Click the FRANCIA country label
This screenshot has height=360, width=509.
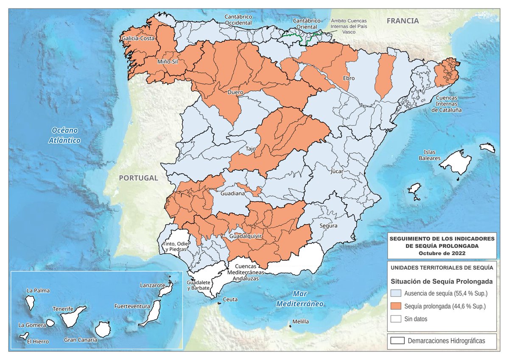[403, 21]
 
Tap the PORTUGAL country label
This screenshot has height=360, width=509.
[138, 178]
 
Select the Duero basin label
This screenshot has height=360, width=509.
[235, 92]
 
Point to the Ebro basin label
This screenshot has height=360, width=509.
[349, 79]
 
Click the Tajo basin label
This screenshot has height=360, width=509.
[251, 149]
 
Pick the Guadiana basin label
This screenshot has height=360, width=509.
[233, 194]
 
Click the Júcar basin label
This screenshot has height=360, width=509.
[336, 172]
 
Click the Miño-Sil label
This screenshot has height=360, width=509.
[167, 62]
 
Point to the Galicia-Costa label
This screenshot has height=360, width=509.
[137, 39]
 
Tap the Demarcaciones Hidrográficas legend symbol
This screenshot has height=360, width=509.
[397, 340]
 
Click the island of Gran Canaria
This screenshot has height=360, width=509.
[103, 329]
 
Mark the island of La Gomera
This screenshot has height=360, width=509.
[50, 323]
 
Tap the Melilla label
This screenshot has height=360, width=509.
[300, 322]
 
